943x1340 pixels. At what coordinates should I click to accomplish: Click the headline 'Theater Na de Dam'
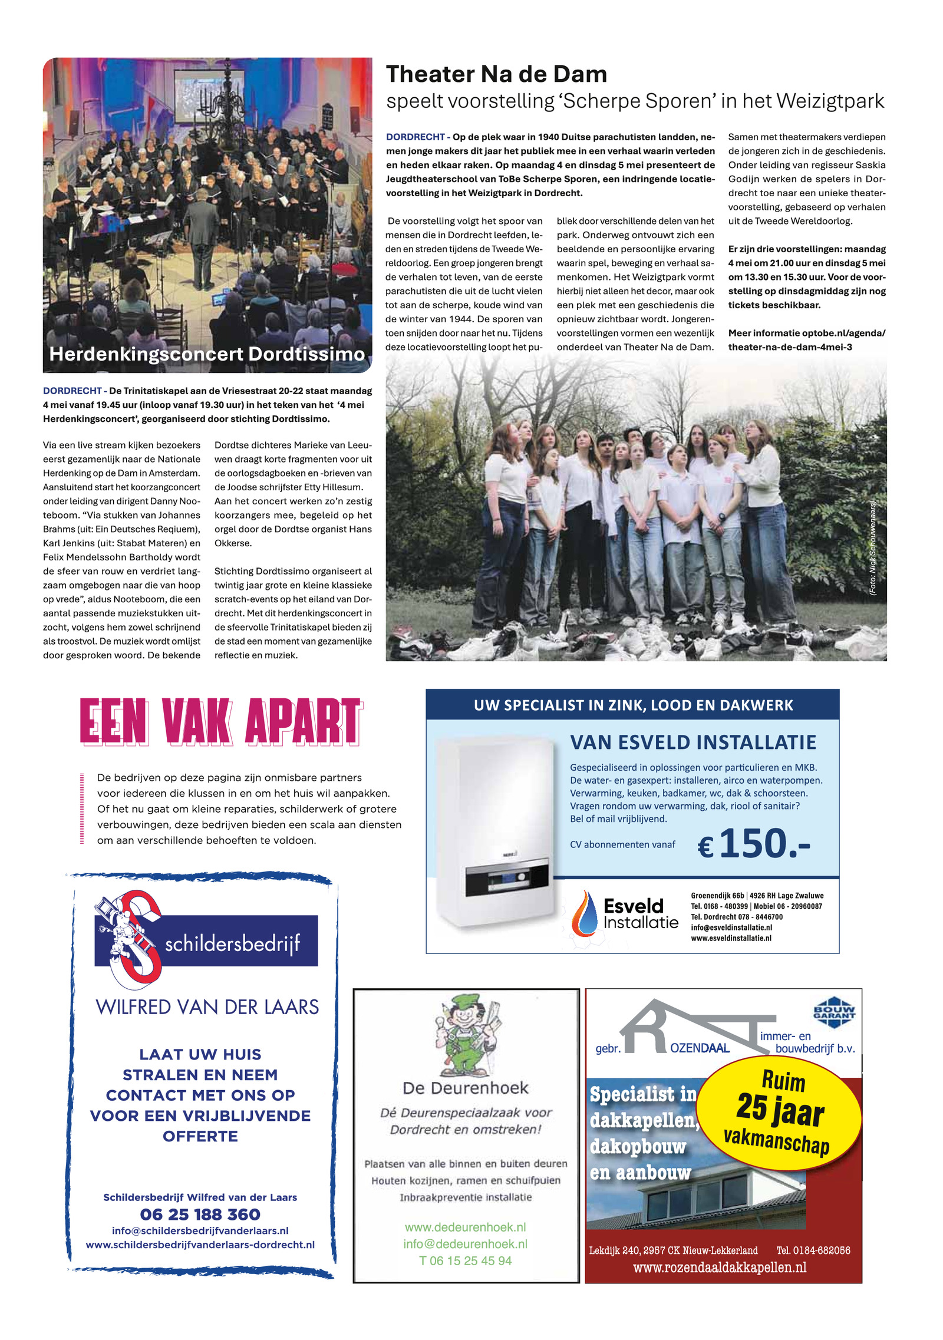(x=496, y=75)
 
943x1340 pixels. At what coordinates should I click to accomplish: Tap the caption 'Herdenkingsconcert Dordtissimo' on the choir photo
(x=207, y=354)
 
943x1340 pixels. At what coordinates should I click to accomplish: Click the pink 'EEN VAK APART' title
(x=221, y=721)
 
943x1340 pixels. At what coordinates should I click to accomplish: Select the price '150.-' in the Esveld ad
(x=764, y=844)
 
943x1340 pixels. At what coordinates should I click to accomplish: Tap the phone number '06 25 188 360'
(x=200, y=1214)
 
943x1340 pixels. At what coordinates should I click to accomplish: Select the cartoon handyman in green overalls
(x=467, y=1035)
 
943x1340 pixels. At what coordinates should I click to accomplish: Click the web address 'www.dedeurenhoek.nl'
(x=465, y=1227)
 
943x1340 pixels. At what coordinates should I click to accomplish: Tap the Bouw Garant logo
(x=833, y=1012)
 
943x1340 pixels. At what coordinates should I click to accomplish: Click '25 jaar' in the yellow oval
(x=780, y=1108)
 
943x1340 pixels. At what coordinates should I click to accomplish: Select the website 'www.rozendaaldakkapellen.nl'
(x=719, y=1267)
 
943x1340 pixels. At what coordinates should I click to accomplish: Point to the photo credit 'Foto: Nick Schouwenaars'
(x=873, y=548)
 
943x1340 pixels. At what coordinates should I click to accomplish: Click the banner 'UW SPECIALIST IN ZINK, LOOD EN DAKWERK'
(x=633, y=705)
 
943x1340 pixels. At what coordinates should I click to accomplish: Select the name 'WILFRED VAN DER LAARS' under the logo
(x=207, y=1007)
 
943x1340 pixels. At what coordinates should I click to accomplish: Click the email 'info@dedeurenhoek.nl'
(x=465, y=1244)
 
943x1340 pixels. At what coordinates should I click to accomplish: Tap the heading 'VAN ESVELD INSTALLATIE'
(x=693, y=742)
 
